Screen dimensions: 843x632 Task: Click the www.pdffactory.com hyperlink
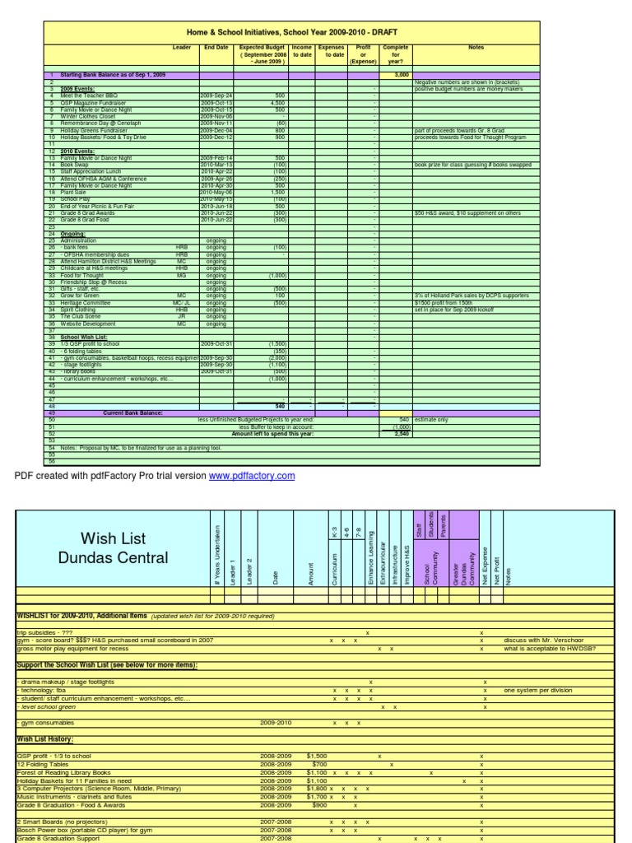pyautogui.click(x=246, y=476)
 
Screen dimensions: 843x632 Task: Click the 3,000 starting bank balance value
pyautogui.click(x=402, y=75)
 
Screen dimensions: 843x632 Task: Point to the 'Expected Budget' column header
pyautogui.click(x=262, y=54)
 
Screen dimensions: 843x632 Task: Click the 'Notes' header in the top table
pyautogui.click(x=476, y=48)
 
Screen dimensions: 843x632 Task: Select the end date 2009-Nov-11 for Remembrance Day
pyautogui.click(x=216, y=123)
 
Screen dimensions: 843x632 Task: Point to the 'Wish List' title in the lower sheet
pyautogui.click(x=113, y=539)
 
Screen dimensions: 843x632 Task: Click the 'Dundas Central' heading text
pyautogui.click(x=113, y=559)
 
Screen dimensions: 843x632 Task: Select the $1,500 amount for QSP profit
pyautogui.click(x=316, y=755)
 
